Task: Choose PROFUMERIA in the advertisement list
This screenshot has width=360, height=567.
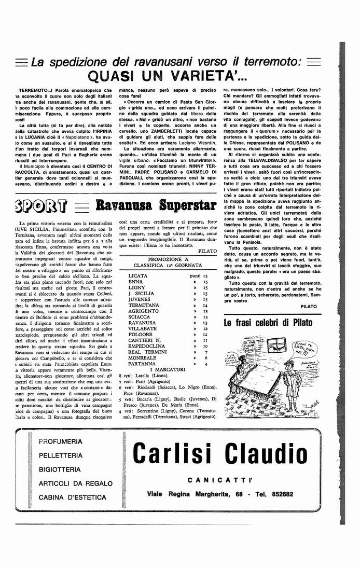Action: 60,441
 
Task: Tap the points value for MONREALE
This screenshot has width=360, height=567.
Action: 206,358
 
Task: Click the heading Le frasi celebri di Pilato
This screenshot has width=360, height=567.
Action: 268,323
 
